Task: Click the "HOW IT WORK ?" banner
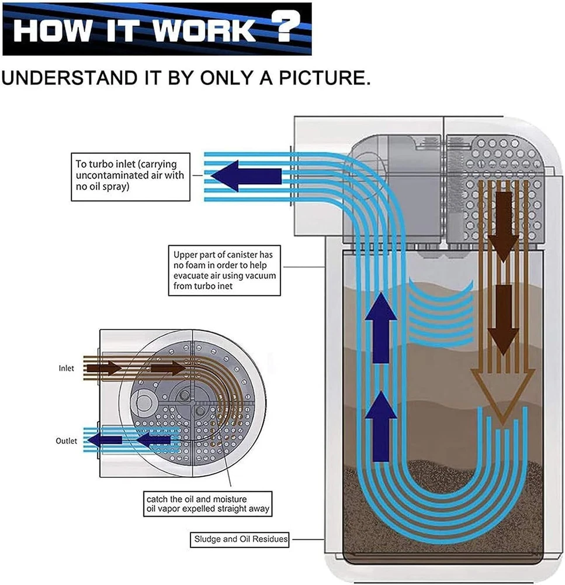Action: click(x=157, y=29)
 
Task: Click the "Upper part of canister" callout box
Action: click(x=224, y=270)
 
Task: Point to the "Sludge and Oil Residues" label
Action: click(x=240, y=539)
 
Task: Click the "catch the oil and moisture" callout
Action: click(x=208, y=504)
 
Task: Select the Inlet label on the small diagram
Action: click(x=66, y=369)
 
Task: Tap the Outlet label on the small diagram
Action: click(x=67, y=441)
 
